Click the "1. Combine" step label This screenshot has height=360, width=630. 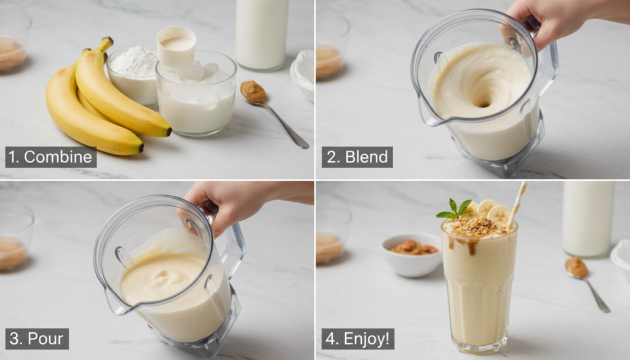(x=51, y=157)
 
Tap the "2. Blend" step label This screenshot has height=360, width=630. (x=357, y=157)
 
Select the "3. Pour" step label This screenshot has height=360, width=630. (x=37, y=338)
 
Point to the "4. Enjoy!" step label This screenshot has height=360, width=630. (x=357, y=338)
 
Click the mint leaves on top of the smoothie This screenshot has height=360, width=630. (x=455, y=209)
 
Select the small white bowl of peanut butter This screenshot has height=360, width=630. (x=412, y=253)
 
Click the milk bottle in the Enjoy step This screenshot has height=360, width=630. (x=588, y=218)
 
